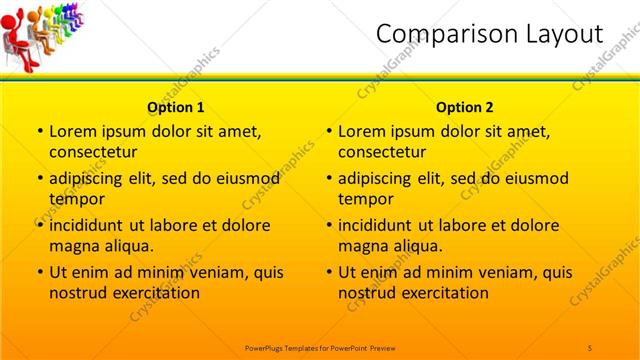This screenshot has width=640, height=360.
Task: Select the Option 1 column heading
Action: (x=176, y=107)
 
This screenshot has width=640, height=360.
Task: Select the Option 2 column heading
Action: (x=465, y=107)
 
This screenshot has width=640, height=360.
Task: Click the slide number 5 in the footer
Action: (x=590, y=346)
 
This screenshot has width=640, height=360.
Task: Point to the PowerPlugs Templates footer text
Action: (x=320, y=346)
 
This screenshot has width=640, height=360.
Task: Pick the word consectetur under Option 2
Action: (x=384, y=152)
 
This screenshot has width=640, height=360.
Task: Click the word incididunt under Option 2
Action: (x=379, y=225)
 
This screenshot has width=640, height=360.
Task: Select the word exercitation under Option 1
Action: (x=155, y=293)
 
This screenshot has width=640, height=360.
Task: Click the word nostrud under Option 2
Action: (x=368, y=293)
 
